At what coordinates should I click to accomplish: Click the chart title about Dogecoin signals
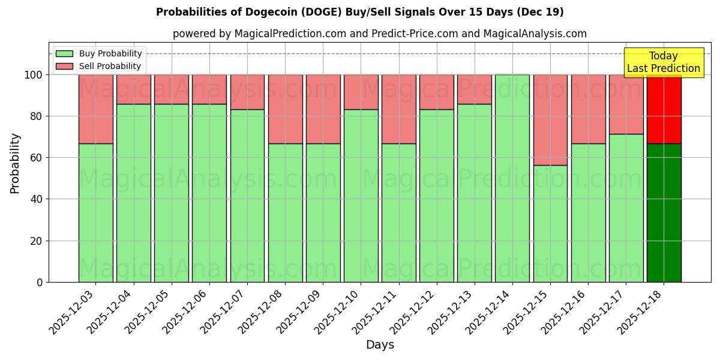pos(359,12)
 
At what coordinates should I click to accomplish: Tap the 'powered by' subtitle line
pos(379,34)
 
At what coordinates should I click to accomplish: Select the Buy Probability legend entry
pos(99,53)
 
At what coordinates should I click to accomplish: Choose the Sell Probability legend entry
pos(99,66)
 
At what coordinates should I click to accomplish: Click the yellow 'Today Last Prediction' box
pos(663,62)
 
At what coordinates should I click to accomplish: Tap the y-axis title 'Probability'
pos(15,163)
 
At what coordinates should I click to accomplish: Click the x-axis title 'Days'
pos(380,345)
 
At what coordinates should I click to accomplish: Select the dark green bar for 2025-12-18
pos(664,213)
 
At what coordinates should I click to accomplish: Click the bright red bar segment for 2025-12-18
pos(664,109)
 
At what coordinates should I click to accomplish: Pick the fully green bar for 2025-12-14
pos(512,178)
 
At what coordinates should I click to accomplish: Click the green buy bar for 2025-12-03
pos(95,213)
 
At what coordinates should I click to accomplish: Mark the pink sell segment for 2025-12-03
pos(95,109)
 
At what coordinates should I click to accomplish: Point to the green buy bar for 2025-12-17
pos(626,208)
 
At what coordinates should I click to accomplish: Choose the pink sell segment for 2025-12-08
pos(285,109)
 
